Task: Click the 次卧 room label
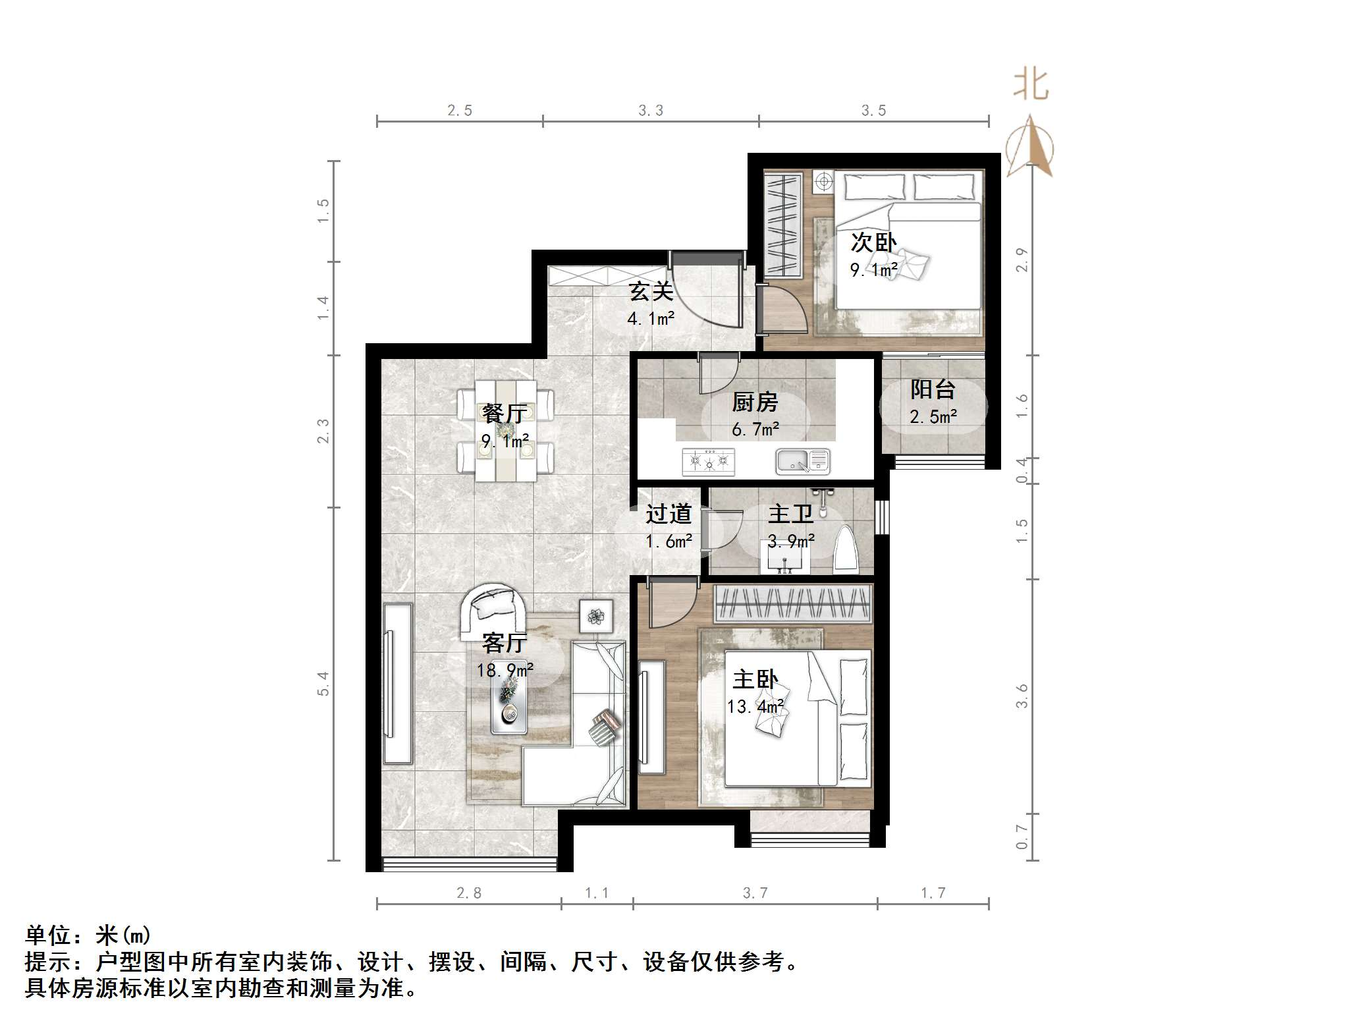tap(873, 242)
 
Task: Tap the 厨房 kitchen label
tap(755, 402)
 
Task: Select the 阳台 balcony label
tap(933, 389)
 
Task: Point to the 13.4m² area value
tap(755, 707)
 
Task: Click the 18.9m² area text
tap(505, 671)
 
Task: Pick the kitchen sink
tap(802, 461)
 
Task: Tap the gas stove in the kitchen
tap(708, 461)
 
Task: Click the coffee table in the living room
tap(508, 706)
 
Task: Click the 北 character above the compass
tap(1031, 86)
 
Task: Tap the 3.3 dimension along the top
tap(650, 111)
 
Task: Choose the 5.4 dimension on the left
tap(323, 683)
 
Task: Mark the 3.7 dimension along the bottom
tap(755, 893)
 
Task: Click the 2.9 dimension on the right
tap(1022, 260)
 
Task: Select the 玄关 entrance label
tap(650, 291)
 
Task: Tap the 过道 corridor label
tap(668, 514)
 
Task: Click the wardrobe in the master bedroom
tap(793, 603)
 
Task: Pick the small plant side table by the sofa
tap(595, 617)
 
